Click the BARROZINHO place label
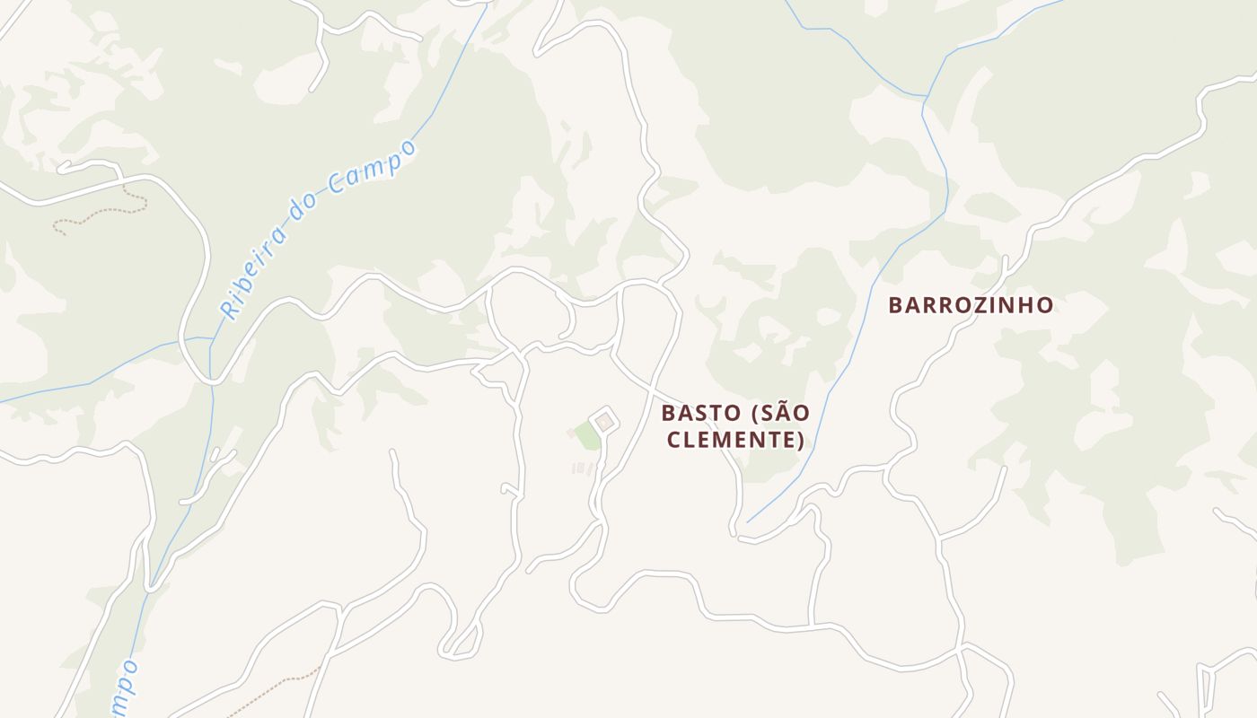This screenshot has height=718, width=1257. pos(971,305)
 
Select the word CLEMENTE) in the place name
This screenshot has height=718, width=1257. pos(735,441)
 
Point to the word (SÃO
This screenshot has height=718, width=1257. pos(780,414)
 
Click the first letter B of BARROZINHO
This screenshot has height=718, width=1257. pos(895,305)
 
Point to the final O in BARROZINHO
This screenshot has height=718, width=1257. pos(1044,305)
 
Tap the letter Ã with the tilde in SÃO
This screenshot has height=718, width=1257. pos(783,413)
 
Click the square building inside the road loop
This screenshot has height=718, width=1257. pos(605,421)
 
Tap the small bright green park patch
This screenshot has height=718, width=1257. pos(587,436)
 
